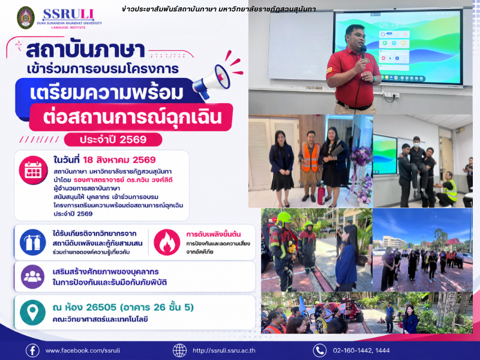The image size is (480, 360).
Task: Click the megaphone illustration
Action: tap(214, 80)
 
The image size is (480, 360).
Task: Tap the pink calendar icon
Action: tap(33, 170)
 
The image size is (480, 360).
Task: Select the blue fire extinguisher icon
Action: tap(33, 242)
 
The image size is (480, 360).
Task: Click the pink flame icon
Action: tap(167, 242)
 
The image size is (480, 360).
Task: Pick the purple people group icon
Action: tap(32, 277)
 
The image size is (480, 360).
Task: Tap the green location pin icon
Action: tap(32, 313)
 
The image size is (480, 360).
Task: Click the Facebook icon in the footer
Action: tap(32, 350)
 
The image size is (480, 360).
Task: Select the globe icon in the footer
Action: tap(179, 350)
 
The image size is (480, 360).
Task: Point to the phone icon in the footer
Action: tap(320, 350)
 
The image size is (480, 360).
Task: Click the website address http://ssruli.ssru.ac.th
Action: tap(224, 350)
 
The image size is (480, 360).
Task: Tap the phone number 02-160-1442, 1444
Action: tap(361, 350)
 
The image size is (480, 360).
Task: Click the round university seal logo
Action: tap(26, 17)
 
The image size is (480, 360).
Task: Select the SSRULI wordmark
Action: tap(68, 14)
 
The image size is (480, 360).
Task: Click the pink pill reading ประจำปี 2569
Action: tap(113, 140)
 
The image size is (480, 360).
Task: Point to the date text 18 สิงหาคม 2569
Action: tap(119, 160)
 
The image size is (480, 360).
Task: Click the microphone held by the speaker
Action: tap(364, 52)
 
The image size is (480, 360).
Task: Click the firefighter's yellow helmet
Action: tap(284, 218)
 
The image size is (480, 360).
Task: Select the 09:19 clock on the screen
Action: tap(389, 25)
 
